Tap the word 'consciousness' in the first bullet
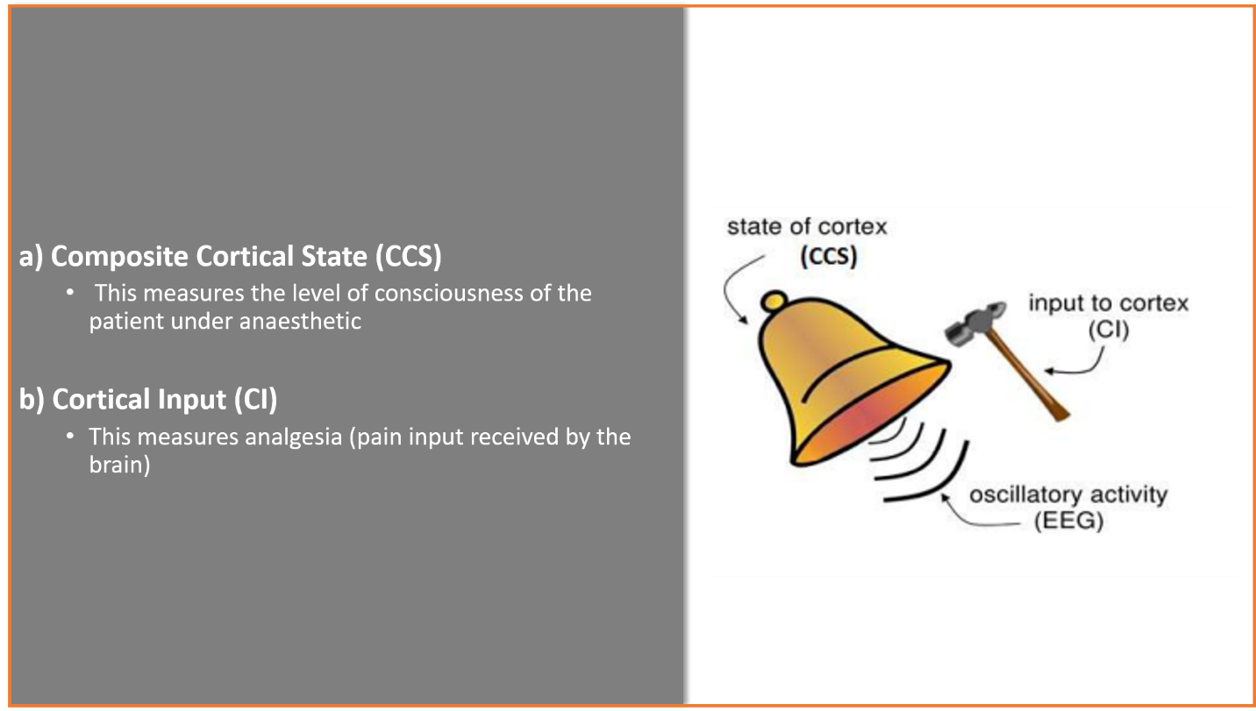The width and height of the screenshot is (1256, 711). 448,293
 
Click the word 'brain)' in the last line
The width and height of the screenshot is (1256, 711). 119,465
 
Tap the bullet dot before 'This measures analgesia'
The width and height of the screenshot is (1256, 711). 70,436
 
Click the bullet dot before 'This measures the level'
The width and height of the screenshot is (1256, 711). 70,292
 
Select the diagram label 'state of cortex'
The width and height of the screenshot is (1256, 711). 807,227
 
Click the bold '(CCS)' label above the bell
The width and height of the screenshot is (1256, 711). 829,257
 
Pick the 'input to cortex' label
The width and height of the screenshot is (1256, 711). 1108,303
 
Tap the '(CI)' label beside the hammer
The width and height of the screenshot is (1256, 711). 1109,330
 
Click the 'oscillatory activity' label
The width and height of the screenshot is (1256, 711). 1068,494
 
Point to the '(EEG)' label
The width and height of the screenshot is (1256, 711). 1068,521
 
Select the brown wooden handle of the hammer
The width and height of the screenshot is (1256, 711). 1027,375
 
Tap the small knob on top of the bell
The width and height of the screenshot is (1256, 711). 774,301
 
